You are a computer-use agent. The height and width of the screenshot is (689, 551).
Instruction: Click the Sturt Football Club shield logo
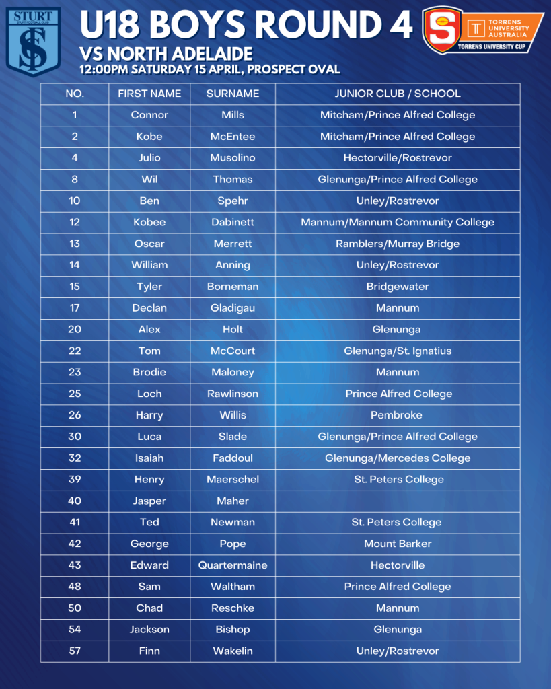coord(33,41)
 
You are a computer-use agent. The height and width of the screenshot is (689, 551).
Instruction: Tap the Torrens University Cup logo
coord(482,30)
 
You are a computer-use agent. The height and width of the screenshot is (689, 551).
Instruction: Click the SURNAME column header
coord(232,94)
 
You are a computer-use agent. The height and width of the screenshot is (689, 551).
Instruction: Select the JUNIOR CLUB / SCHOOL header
coord(398,94)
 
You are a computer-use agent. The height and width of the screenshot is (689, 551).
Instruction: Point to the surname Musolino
coord(232,157)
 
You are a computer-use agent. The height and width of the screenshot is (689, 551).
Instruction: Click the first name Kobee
coord(149,222)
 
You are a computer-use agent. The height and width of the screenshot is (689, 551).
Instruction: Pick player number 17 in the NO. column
coord(74,307)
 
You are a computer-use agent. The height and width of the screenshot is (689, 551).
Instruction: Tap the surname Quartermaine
coord(232,565)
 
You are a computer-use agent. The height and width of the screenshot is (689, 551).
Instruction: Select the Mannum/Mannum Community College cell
coord(398,222)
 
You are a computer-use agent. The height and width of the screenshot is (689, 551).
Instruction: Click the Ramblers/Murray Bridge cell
coord(398,244)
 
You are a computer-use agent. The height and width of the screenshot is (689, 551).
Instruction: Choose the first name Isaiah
coord(149,458)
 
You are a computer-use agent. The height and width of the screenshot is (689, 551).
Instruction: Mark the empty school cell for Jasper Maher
coord(398,501)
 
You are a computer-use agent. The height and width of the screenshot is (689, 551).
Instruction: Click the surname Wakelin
coord(232,651)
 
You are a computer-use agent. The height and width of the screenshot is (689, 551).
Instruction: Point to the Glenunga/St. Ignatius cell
coord(398,351)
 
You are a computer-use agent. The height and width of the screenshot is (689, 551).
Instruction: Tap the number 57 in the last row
coord(74,651)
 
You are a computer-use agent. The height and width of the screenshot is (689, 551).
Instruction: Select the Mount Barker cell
coord(398,544)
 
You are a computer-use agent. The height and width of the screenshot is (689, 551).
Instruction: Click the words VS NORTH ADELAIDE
coord(166,54)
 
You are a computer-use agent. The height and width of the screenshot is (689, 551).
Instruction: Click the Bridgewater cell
coord(398,286)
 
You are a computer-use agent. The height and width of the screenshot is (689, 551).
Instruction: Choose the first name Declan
coord(149,307)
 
